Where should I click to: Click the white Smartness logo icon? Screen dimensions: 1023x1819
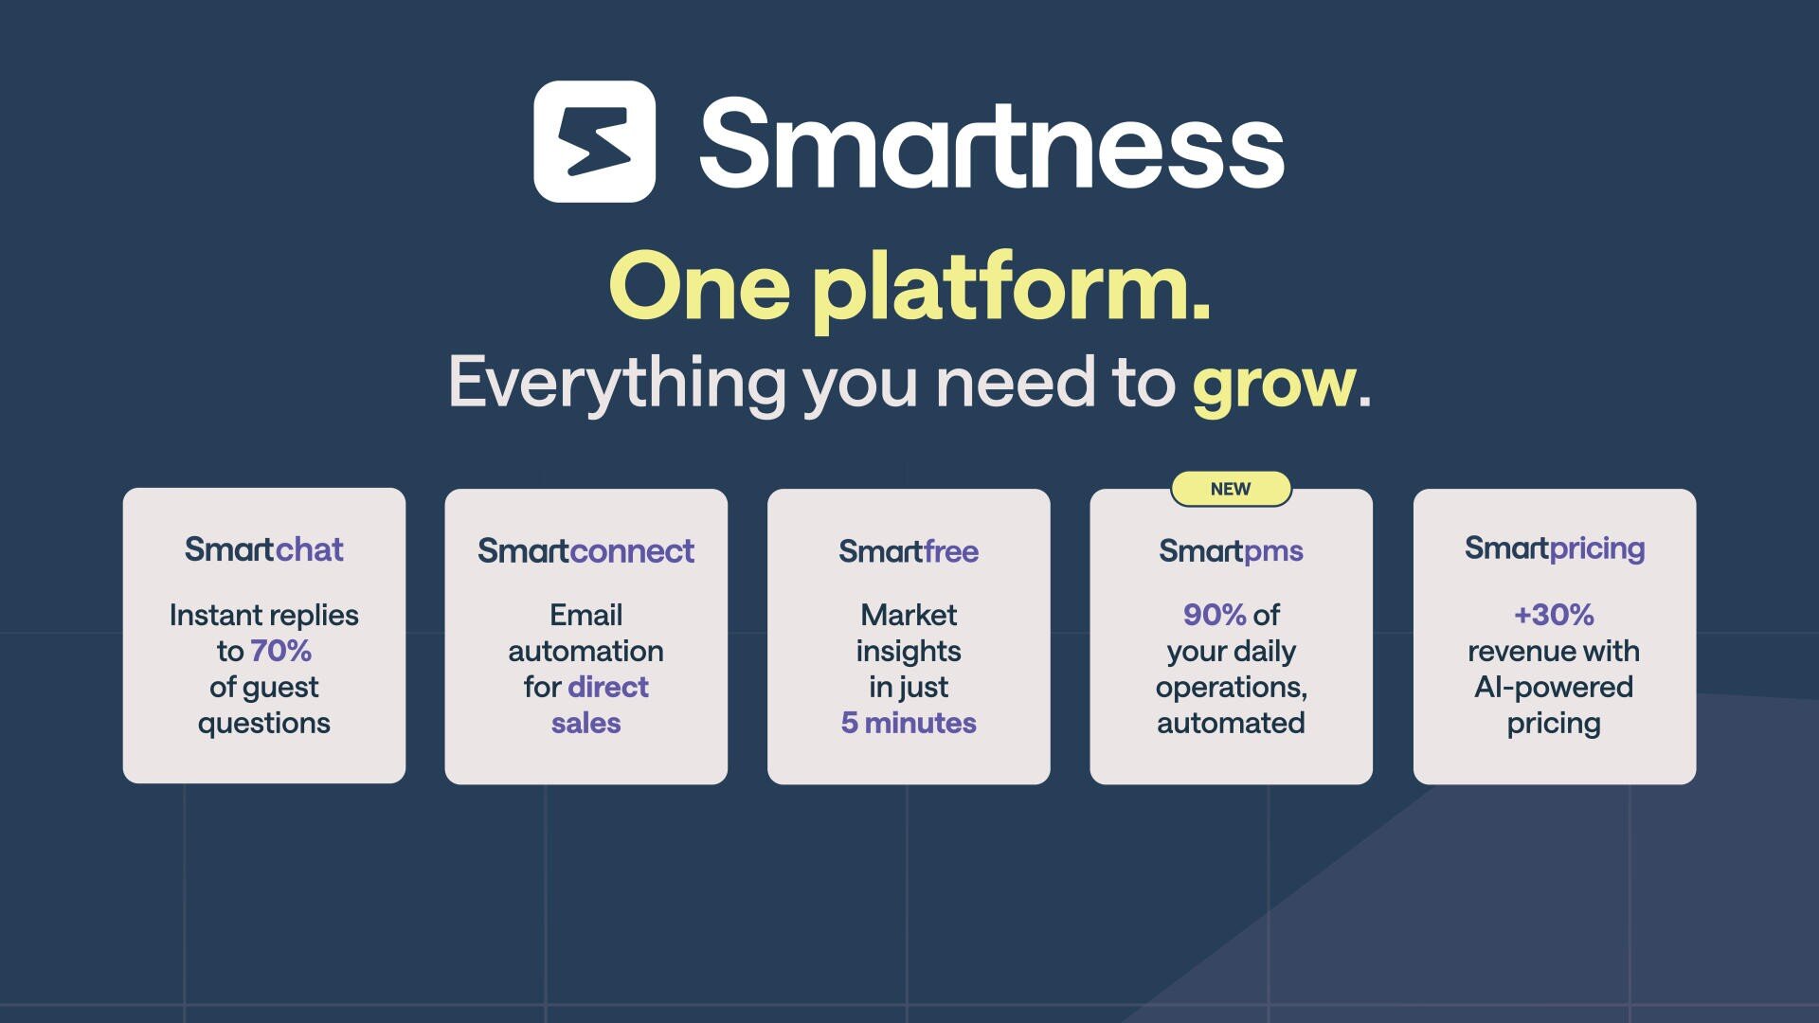594,142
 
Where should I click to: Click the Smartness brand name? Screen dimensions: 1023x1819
991,144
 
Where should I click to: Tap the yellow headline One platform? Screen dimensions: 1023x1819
909,286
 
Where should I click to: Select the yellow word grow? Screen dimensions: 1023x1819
1274,383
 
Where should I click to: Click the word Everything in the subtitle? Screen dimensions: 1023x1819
616,383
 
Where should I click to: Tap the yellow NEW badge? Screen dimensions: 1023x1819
1231,489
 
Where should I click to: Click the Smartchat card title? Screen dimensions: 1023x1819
264,549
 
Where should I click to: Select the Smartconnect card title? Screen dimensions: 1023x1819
585,550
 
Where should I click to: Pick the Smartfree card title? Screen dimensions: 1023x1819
909,550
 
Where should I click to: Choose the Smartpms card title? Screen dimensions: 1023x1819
1231,550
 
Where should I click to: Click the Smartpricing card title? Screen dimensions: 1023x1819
1554,547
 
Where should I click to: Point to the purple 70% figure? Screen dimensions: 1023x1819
280,651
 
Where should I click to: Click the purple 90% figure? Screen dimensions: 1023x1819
1214,615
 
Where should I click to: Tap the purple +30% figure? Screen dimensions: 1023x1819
1554,615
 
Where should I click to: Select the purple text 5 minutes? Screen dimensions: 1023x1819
909,723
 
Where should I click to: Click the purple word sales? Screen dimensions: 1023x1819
585,723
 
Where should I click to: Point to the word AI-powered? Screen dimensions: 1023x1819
1554,687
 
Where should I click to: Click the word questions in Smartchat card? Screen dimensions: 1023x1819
264,723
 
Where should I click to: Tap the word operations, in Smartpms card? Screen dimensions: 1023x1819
1231,687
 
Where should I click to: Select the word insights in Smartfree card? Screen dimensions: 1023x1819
909,651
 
